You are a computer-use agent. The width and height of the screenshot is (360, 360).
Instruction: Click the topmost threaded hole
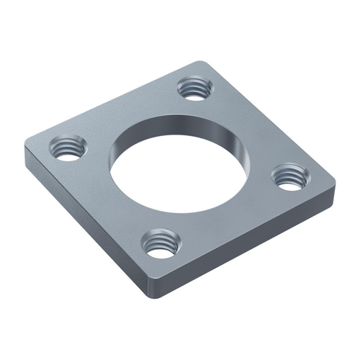point(193,89)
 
